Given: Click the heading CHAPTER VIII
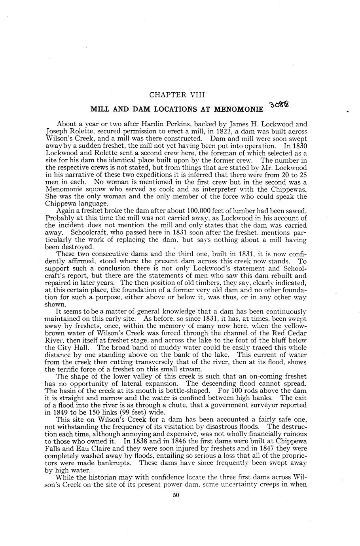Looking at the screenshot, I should (x=177, y=95).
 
